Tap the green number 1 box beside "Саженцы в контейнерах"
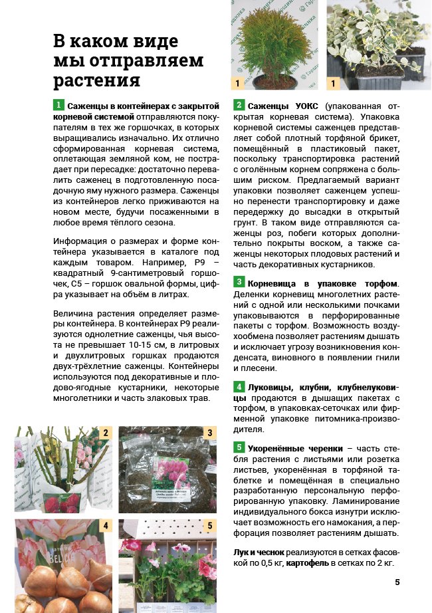coord(58,105)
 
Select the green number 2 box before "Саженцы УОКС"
coord(239,105)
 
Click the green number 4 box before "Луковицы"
coord(239,386)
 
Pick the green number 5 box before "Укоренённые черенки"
coord(239,446)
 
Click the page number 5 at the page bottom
coord(397,582)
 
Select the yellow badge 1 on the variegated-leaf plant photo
coord(334,83)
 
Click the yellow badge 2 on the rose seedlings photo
coord(105,433)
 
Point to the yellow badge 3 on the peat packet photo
coord(209,433)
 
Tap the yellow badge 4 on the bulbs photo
coord(105,526)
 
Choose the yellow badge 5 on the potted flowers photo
coord(209,526)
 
